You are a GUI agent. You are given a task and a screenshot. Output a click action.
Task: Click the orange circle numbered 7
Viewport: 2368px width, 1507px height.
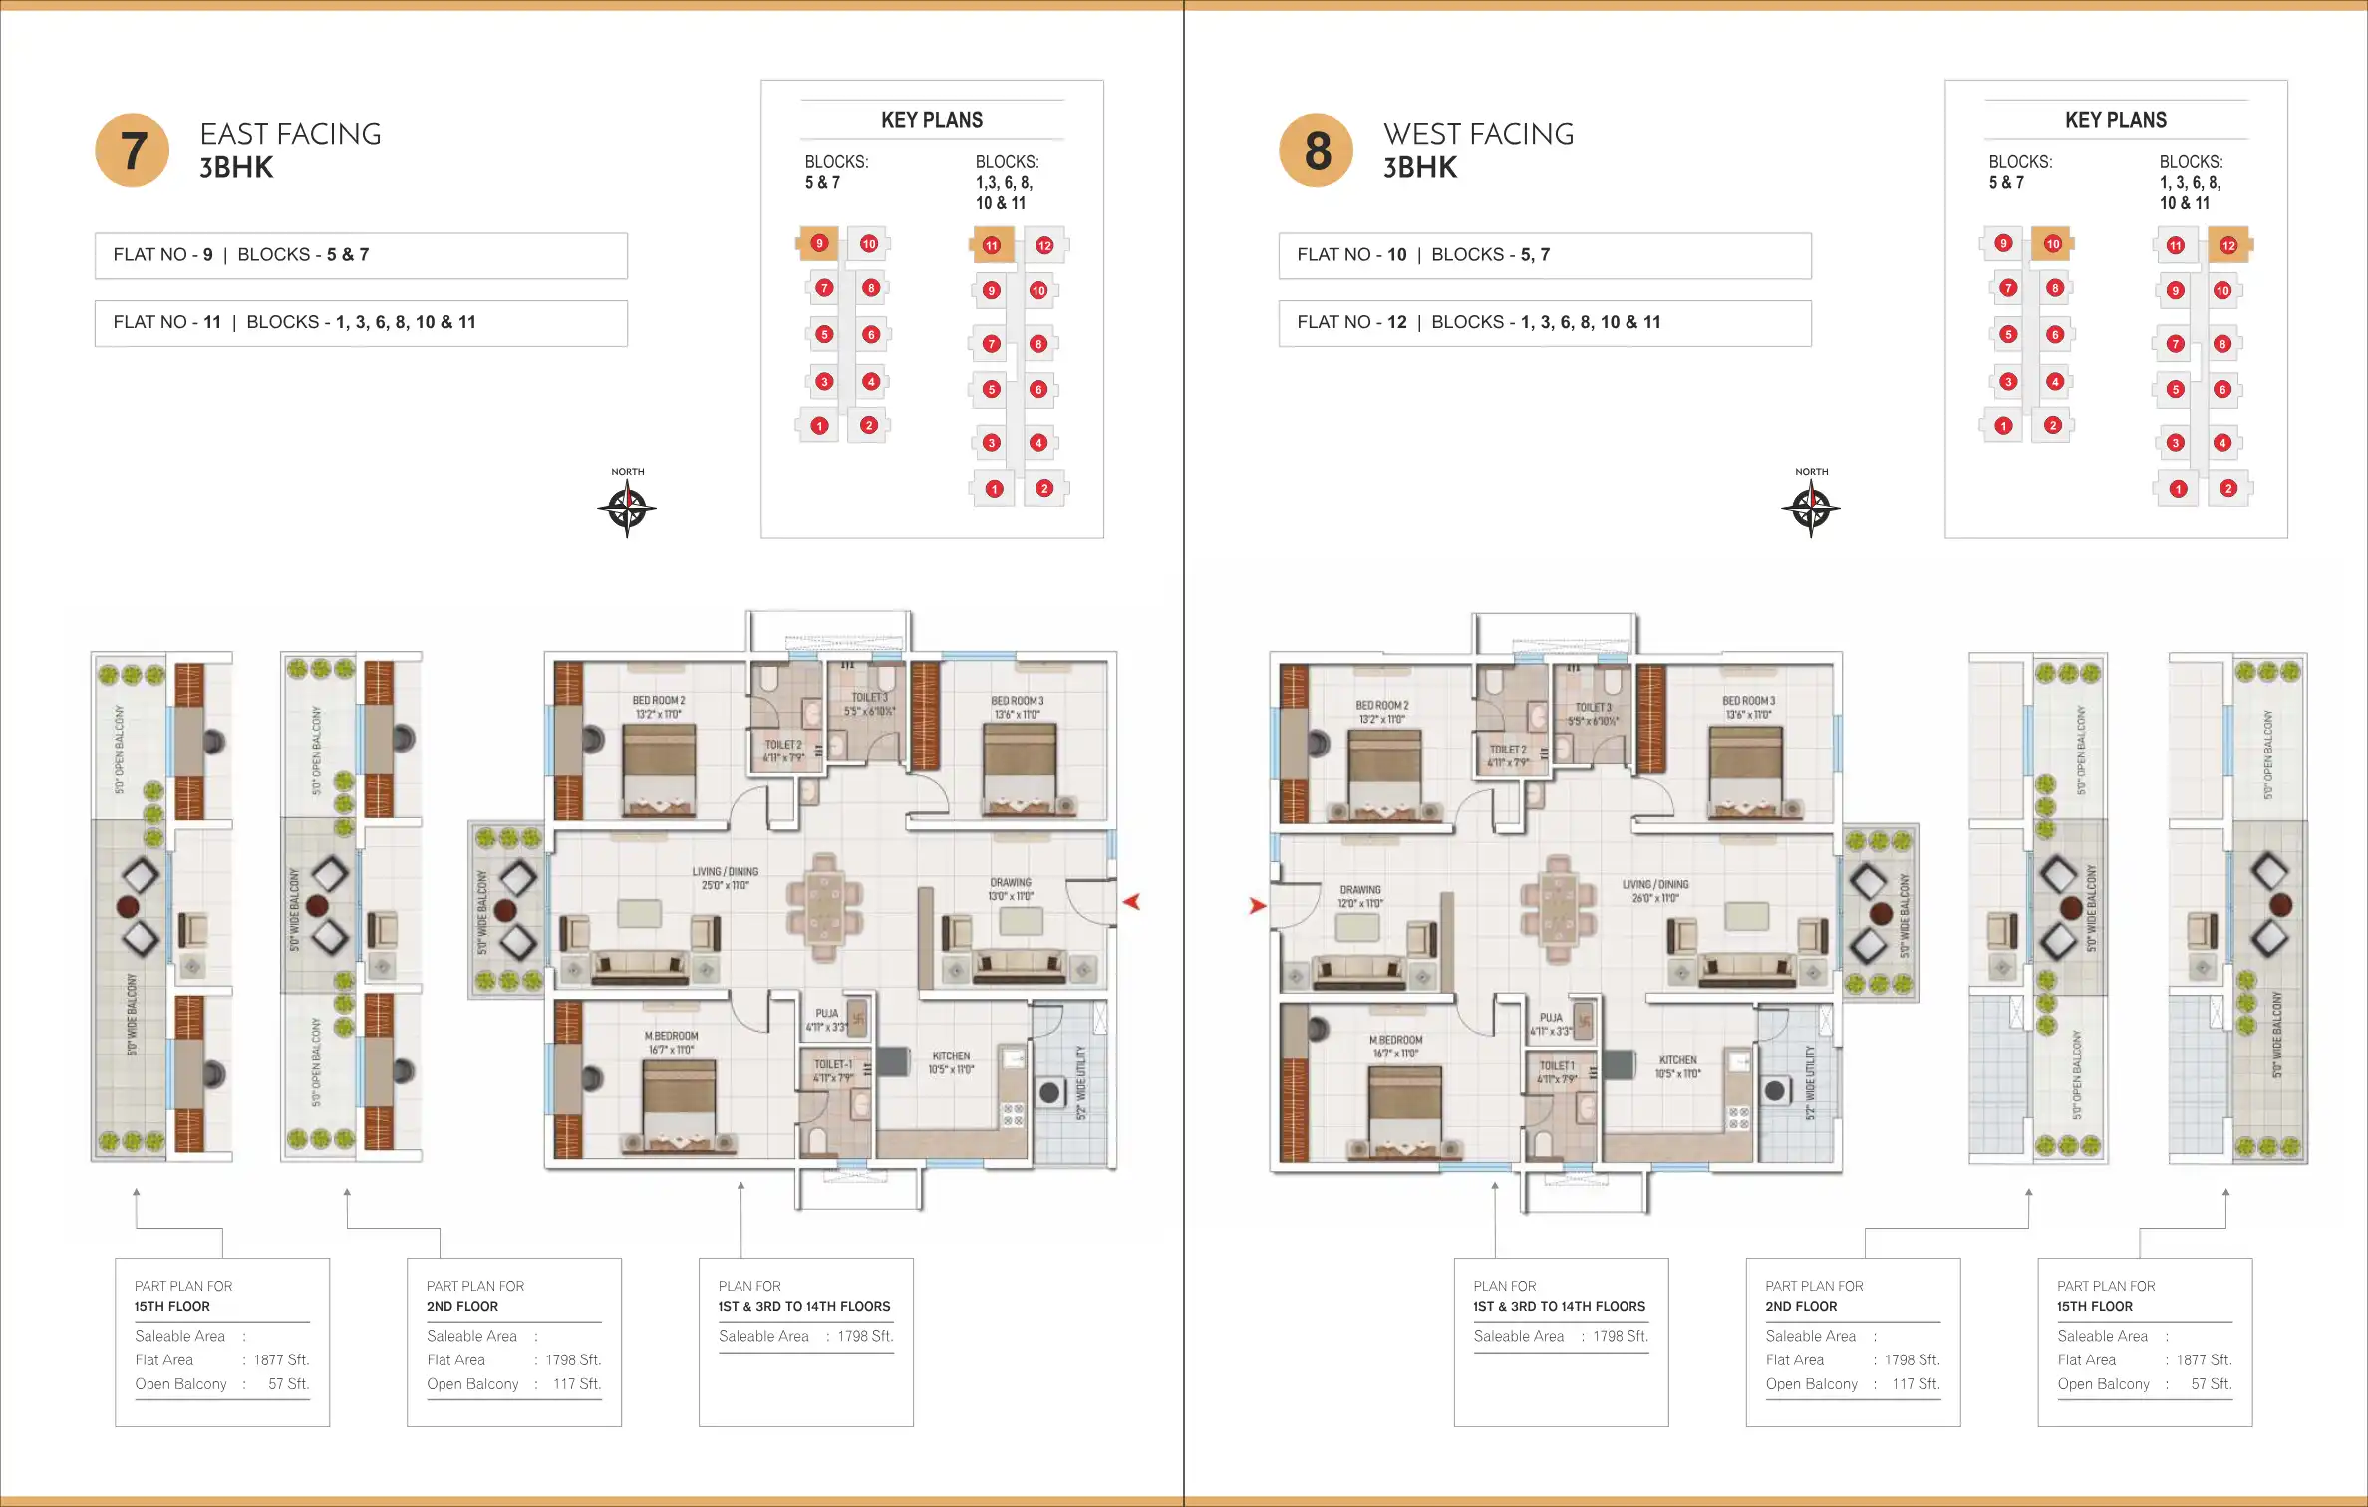click(133, 151)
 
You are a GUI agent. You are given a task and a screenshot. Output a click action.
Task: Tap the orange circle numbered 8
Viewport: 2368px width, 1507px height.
click(1317, 151)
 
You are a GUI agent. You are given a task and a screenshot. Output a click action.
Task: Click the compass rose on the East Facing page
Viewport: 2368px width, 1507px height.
click(627, 509)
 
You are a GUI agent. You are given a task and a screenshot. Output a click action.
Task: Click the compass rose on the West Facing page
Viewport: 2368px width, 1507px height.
click(1811, 509)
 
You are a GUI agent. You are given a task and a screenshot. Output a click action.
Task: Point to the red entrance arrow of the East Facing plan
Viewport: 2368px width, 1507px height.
click(1131, 902)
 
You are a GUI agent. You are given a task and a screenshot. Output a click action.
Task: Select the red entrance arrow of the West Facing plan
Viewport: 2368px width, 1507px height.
click(1258, 906)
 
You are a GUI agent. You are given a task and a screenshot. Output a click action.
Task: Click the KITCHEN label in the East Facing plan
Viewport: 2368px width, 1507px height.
click(951, 1056)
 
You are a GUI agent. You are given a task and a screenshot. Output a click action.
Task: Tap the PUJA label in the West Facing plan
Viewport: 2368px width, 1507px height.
click(1551, 1019)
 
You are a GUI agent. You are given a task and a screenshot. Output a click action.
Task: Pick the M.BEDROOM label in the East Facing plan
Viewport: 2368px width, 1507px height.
click(671, 1037)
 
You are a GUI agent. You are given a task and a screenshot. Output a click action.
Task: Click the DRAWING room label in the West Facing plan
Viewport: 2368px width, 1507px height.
click(1360, 890)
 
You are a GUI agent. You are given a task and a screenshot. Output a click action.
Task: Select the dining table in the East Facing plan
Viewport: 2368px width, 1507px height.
click(824, 907)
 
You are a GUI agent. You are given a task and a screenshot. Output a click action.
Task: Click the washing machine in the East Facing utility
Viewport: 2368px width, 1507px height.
click(1049, 1093)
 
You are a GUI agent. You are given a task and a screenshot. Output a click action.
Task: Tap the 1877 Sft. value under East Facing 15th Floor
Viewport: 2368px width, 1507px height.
click(281, 1360)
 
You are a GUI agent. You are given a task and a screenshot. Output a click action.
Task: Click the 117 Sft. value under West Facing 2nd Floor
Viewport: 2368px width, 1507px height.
click(1916, 1384)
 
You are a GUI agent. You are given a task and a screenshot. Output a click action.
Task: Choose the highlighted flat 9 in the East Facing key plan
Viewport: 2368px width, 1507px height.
click(819, 243)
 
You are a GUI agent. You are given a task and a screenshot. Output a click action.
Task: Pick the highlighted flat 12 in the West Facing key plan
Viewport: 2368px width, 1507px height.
click(2228, 246)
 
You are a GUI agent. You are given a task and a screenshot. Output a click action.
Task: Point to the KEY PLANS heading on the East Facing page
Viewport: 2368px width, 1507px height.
click(932, 121)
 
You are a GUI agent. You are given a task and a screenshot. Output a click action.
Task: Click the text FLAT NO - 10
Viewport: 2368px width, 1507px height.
click(1351, 255)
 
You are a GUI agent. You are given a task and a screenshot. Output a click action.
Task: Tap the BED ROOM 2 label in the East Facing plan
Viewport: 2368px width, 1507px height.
click(659, 701)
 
